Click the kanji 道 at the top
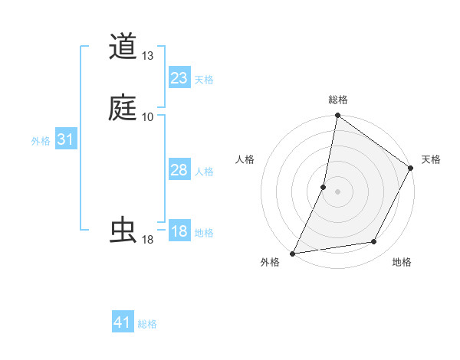123,47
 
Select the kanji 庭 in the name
123,107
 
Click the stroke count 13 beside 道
148,56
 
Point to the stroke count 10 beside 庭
148,116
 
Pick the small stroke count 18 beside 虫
148,240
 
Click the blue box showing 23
179,77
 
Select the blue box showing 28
179,170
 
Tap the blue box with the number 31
66,139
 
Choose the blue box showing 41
123,322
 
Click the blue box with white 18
179,231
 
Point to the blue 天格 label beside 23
204,80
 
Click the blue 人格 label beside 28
204,172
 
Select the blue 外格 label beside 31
41,141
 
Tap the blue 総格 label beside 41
147,324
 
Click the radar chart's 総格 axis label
338,100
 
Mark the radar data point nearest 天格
411,169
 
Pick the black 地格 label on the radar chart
402,263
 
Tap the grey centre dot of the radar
337,191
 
